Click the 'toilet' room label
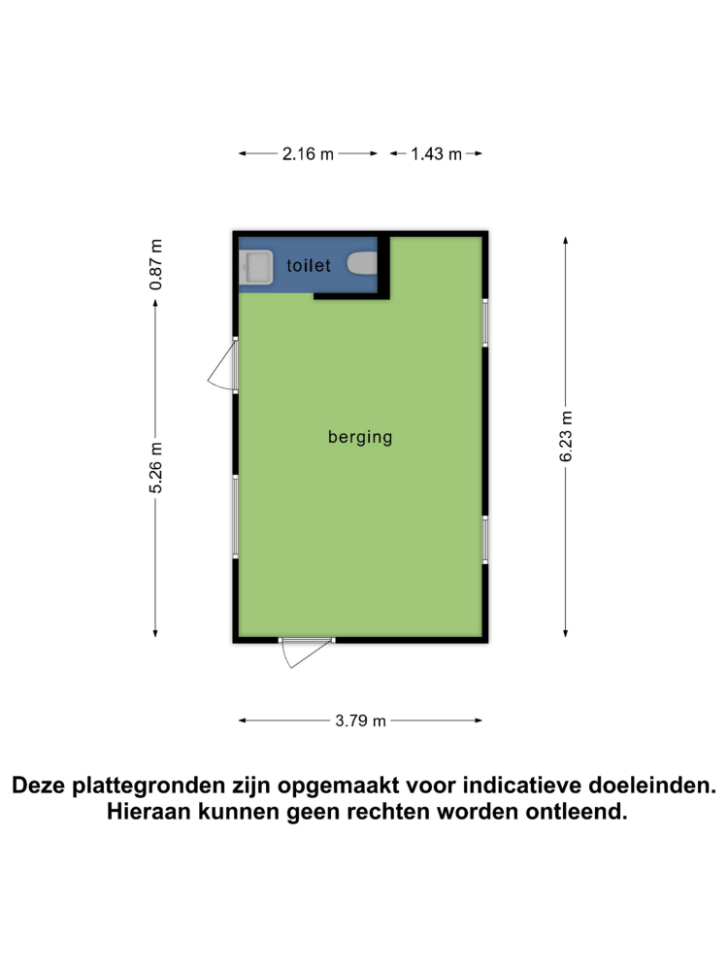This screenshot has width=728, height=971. [x=310, y=265]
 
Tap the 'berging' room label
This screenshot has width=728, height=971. [x=360, y=437]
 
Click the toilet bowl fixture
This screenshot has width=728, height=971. [x=363, y=263]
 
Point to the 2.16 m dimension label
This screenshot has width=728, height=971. [x=308, y=154]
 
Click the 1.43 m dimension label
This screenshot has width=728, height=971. [x=436, y=154]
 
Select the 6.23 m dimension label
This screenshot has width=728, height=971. [x=567, y=436]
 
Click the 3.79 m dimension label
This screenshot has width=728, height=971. [x=361, y=720]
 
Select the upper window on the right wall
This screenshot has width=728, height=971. [x=484, y=321]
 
